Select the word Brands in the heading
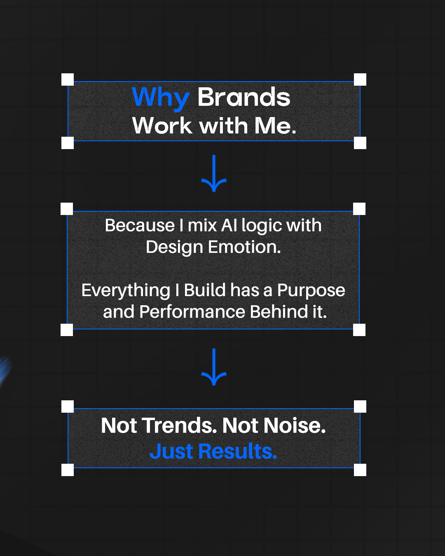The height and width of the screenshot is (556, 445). (x=244, y=97)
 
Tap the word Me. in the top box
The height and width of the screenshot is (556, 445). (x=275, y=126)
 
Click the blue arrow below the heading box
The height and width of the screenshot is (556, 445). (x=214, y=173)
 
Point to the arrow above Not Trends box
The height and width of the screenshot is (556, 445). (x=214, y=367)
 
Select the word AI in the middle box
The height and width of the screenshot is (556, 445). (x=229, y=225)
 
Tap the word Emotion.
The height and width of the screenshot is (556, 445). (x=244, y=247)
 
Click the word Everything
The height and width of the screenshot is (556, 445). (x=126, y=291)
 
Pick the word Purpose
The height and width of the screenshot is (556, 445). (x=311, y=291)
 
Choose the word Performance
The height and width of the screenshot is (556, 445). (x=192, y=312)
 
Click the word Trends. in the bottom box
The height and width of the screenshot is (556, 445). (x=180, y=425)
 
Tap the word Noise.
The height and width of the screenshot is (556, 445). (x=295, y=425)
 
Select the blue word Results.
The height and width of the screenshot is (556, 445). (x=238, y=451)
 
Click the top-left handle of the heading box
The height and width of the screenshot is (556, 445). (x=68, y=79)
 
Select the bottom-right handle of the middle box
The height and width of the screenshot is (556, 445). (x=359, y=330)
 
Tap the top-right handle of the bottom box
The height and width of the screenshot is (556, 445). (x=360, y=406)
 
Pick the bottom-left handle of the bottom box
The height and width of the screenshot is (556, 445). (x=68, y=470)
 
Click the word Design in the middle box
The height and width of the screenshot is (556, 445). (x=175, y=248)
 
